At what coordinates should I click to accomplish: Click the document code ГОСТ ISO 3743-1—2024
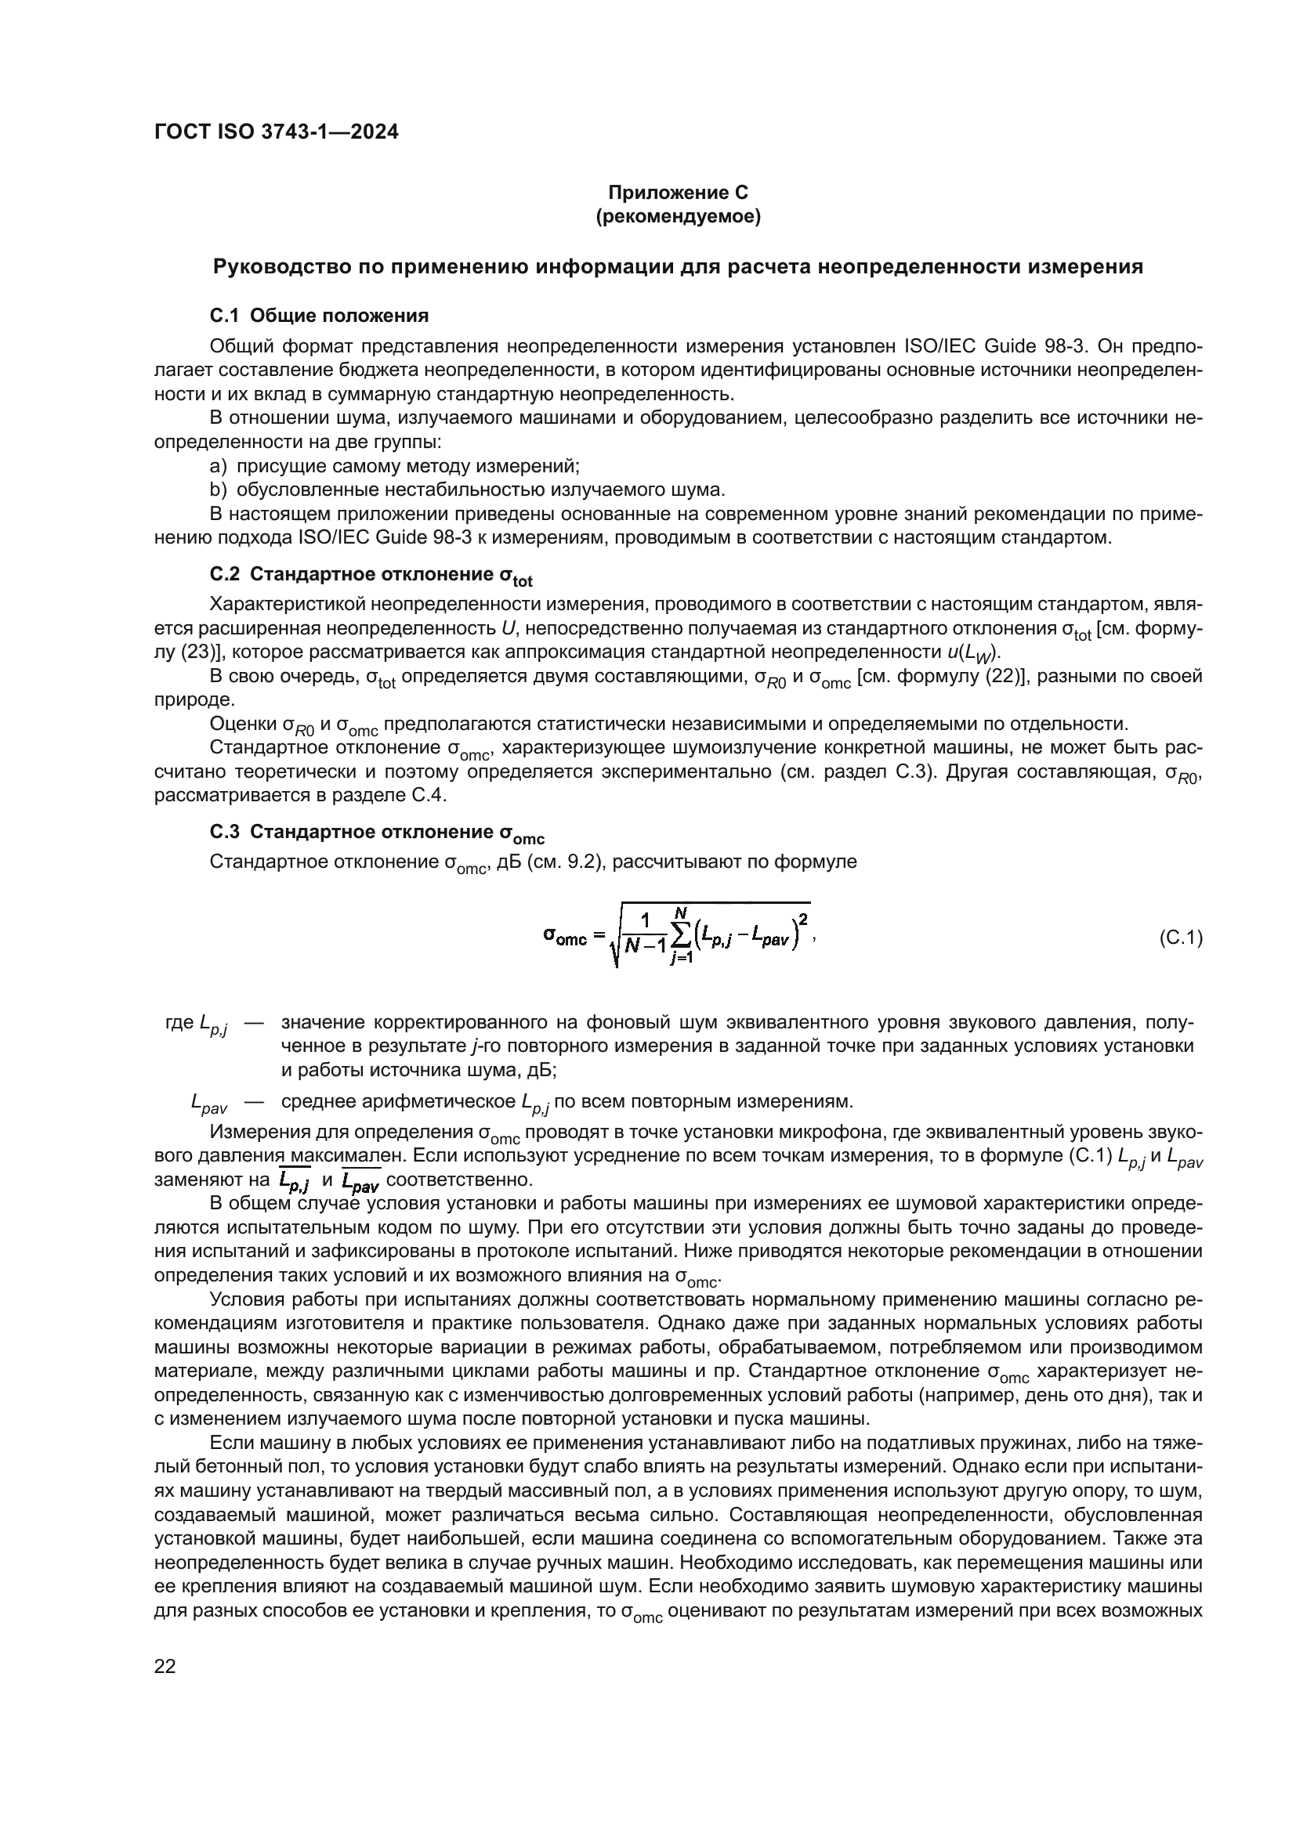(x=276, y=132)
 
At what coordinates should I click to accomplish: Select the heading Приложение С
(x=678, y=193)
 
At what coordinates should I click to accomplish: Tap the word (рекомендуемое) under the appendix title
(x=678, y=216)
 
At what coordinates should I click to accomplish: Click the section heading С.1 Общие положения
(x=319, y=316)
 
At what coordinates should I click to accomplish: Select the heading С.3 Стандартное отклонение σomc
(x=377, y=834)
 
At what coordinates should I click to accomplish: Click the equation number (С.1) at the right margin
(x=1180, y=938)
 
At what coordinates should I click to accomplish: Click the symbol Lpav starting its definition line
(x=209, y=1104)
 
